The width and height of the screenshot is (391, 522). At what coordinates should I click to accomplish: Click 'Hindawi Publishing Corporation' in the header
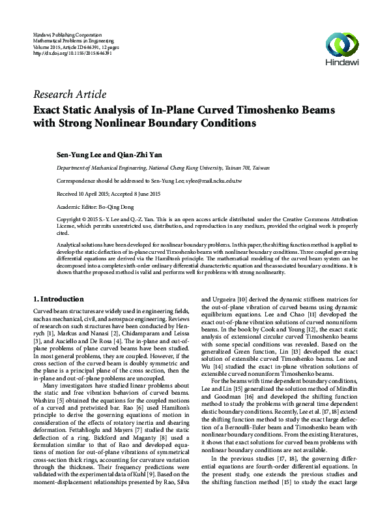click(x=67, y=33)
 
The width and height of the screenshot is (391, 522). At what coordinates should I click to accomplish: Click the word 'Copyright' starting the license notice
click(x=70, y=219)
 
